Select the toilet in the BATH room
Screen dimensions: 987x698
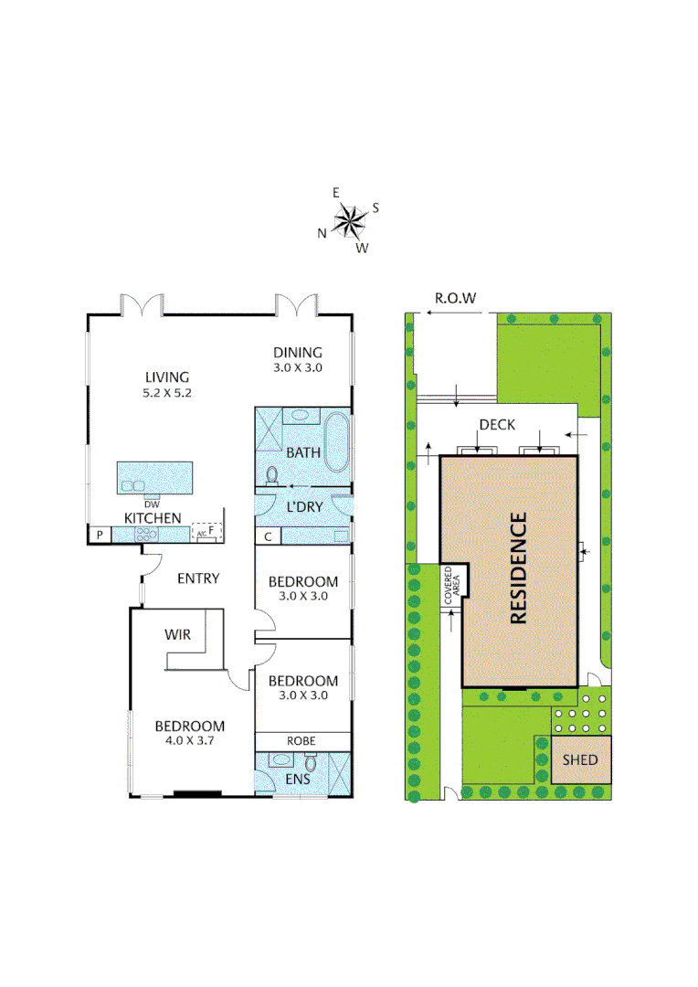point(271,475)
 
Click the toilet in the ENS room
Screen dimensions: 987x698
point(311,763)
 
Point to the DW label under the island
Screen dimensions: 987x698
point(152,504)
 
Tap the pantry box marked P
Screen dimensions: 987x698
point(98,535)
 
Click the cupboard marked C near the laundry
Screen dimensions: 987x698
point(269,536)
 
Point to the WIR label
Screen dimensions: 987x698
point(177,634)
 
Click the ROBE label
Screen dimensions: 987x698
point(301,741)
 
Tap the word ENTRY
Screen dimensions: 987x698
point(198,578)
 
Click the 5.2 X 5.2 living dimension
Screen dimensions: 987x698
point(166,393)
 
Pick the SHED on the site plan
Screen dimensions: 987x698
point(580,759)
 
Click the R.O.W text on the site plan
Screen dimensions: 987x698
point(456,298)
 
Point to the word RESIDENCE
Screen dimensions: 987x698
point(519,568)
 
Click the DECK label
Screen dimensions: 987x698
point(497,425)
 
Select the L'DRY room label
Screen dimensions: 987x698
point(305,507)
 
